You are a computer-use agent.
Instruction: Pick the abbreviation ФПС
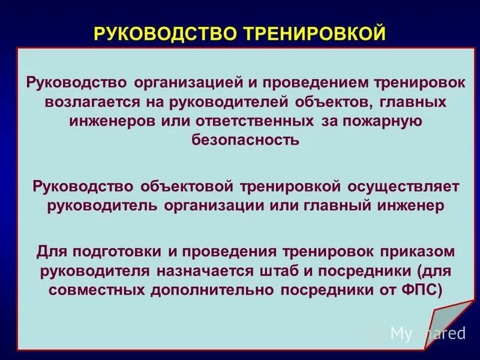click(424, 290)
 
